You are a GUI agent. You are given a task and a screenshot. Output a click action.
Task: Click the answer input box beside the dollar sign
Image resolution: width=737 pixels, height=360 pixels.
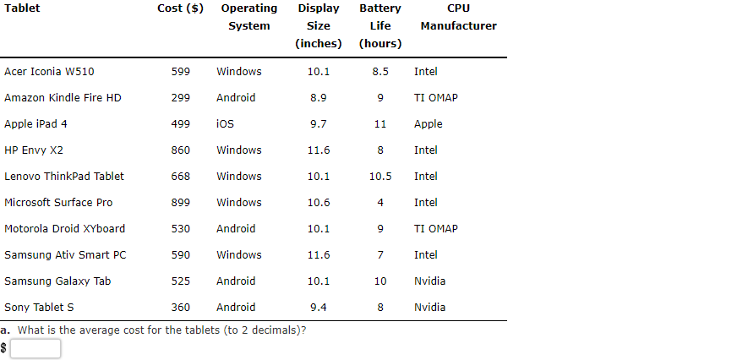coord(35,348)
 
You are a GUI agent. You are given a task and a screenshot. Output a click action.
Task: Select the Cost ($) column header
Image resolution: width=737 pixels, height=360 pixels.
coord(180,8)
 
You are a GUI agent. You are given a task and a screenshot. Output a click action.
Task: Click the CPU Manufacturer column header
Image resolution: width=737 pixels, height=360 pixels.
coord(458,17)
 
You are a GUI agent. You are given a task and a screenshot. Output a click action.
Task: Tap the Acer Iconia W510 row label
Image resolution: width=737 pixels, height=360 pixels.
coord(49,72)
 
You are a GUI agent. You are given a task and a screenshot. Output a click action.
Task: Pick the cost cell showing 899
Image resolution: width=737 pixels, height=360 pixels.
coord(181,203)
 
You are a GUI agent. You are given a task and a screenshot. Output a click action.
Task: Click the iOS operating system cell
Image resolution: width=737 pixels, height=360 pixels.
coord(225,124)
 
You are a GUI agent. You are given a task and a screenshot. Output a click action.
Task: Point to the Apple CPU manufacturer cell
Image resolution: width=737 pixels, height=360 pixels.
coord(428,124)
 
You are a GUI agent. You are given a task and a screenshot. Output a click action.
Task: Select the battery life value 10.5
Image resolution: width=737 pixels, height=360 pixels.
coord(380,177)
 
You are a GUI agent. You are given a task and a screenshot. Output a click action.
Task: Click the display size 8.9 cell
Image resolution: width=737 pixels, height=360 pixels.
coord(319,98)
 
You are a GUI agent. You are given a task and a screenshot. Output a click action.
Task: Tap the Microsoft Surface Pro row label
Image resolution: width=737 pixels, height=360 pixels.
coord(58,203)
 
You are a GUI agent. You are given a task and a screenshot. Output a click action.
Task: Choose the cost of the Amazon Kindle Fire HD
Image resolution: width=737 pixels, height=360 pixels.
coord(181,98)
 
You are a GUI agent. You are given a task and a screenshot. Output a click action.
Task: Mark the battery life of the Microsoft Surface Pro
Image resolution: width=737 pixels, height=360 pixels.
coord(380,203)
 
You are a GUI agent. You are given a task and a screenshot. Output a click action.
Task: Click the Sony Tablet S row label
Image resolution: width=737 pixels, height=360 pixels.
coord(39,308)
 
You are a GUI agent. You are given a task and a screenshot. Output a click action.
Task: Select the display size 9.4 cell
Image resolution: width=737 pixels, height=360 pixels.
coord(319,308)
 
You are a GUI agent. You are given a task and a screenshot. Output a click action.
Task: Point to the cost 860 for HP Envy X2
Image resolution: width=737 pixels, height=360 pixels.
coord(181,150)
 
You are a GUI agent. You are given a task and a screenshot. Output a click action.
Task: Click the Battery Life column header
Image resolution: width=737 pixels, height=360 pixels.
coord(380,25)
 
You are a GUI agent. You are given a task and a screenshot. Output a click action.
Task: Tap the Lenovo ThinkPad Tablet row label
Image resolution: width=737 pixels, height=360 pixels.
coord(64,177)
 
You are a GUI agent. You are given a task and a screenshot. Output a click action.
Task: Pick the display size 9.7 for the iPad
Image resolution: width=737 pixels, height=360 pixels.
coord(319,124)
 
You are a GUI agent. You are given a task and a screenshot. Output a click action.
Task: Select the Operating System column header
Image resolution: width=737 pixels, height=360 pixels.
coord(249,17)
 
